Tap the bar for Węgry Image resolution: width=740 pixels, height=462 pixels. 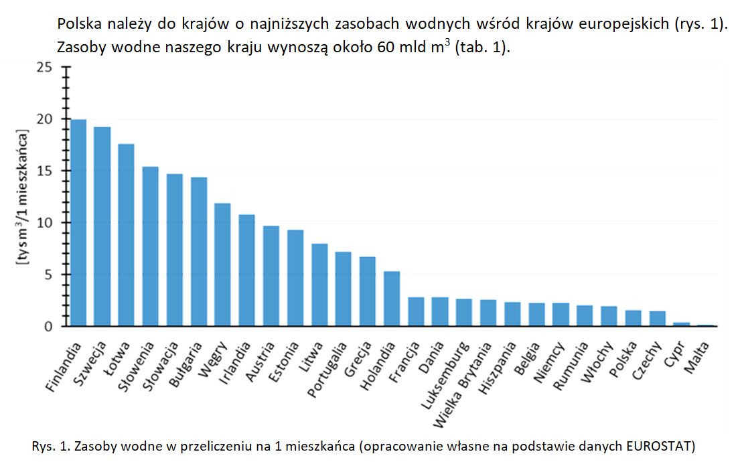coord(222,264)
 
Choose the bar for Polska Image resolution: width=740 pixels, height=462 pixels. coord(633,319)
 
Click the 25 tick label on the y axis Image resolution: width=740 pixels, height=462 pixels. coord(44,68)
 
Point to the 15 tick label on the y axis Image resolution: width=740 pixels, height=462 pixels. coord(44,171)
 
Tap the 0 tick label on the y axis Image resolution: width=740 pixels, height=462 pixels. coord(48,327)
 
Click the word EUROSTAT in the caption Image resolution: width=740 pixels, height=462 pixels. coord(660,445)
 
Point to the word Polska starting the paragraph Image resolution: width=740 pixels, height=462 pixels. coord(78,25)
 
